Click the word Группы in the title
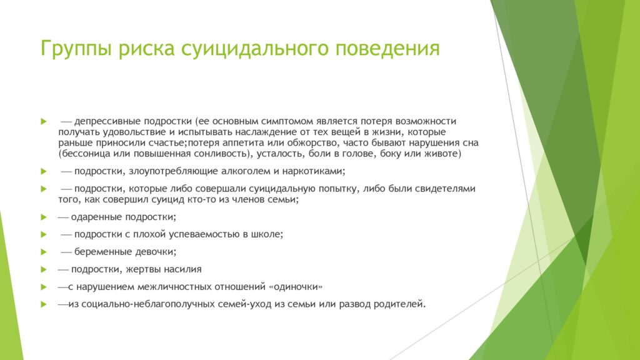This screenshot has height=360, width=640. pos(76,49)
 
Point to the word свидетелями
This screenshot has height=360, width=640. pos(445,189)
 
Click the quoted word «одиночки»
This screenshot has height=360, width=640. pos(296,287)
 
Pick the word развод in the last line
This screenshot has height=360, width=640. pos(355,304)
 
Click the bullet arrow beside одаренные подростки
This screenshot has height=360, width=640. pos(44,217)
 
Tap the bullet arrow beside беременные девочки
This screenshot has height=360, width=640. pos(44,252)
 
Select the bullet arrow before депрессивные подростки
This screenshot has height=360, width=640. pos(44,122)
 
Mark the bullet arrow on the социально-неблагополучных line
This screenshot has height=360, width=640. pos(44,304)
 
